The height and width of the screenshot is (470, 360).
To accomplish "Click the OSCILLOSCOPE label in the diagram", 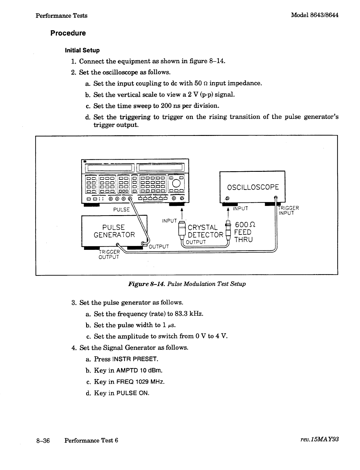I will click(x=253, y=187).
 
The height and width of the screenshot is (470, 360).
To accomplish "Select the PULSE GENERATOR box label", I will click(x=114, y=231).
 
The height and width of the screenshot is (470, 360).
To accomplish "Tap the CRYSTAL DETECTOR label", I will click(x=205, y=231).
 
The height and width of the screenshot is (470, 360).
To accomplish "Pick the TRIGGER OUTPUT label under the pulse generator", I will click(x=109, y=254).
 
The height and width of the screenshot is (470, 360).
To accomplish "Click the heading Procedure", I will click(x=68, y=33).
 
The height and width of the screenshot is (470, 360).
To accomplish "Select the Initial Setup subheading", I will click(x=82, y=50).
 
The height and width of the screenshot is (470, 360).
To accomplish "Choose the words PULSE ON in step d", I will click(x=133, y=393).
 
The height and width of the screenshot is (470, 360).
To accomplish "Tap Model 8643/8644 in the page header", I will click(x=315, y=15).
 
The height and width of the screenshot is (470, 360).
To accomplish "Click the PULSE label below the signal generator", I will click(x=121, y=209).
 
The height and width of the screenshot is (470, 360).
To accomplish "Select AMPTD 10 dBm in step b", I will click(x=139, y=370).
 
